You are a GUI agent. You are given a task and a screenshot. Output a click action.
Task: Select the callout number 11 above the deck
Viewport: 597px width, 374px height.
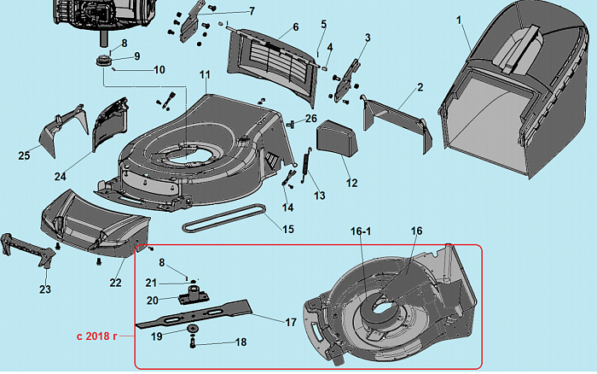(205, 76)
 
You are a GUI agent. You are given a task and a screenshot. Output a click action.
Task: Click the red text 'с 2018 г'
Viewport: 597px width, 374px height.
(101, 336)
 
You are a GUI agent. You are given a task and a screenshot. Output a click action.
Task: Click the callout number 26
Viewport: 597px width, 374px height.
(312, 118)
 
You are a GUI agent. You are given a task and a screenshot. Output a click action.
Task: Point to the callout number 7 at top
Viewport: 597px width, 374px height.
(229, 11)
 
